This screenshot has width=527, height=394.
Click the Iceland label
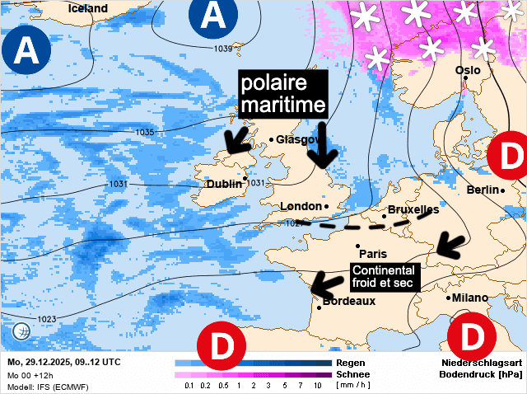(88, 8)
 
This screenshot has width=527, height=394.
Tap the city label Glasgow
(297, 139)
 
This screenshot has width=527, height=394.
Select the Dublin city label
(223, 184)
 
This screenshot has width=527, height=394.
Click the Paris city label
(373, 254)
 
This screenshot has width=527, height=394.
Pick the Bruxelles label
(413, 210)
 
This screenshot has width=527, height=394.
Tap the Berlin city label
(483, 190)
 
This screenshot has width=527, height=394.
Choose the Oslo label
(468, 71)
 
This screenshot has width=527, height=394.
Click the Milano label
(469, 298)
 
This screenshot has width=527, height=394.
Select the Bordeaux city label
(348, 302)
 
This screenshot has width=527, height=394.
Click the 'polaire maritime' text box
(282, 94)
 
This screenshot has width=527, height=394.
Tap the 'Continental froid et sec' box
(385, 276)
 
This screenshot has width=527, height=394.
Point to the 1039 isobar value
(223, 49)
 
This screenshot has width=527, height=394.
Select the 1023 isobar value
(47, 319)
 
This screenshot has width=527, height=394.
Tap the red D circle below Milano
(472, 335)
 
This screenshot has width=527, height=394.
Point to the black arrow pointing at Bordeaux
(327, 281)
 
